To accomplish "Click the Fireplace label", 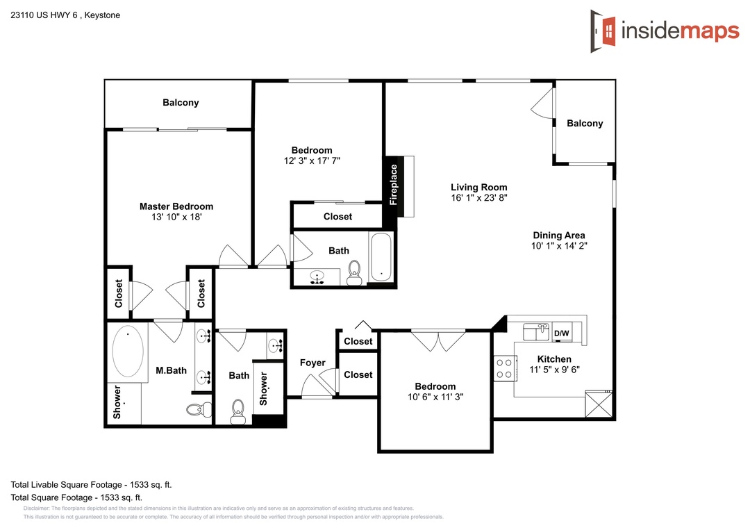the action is (x=394, y=185).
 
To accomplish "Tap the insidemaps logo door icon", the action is (x=603, y=31).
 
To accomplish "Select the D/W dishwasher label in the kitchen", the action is (x=562, y=333).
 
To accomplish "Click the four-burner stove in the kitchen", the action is (x=505, y=369).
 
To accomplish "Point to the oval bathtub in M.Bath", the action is (x=128, y=352).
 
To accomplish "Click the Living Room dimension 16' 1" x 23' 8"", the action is (x=478, y=198).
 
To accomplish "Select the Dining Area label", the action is (x=559, y=235).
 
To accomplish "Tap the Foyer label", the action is (x=312, y=363).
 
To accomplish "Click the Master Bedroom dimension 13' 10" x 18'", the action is (x=176, y=217).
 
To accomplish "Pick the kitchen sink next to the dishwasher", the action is (x=536, y=331).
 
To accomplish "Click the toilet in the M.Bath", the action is (x=199, y=409).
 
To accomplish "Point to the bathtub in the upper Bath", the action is (x=381, y=257).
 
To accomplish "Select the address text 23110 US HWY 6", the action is (x=44, y=15).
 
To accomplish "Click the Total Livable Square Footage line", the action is (x=92, y=484).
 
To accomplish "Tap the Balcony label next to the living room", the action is (x=585, y=123).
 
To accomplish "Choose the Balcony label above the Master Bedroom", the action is (x=181, y=102).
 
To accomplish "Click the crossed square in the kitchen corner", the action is (x=599, y=404).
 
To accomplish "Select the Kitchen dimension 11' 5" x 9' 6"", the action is (x=554, y=370).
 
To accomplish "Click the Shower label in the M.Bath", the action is (x=117, y=402).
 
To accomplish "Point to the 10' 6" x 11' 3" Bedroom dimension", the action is (x=435, y=397).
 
